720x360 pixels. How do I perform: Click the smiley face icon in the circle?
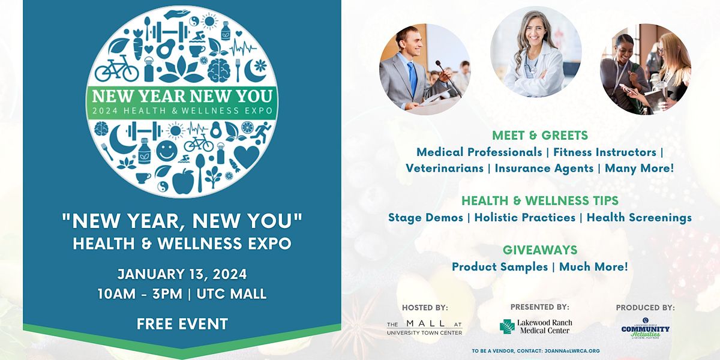pos(167,151)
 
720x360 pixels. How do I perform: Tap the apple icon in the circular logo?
pos(183,181)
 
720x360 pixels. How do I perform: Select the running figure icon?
pos(263,132)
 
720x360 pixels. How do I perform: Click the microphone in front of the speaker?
pos(448,79)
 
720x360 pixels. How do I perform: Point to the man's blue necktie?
pos(412,78)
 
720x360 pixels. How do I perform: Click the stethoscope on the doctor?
pos(530,64)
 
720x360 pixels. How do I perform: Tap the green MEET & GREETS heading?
pos(540,136)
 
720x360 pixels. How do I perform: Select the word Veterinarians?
pos(445,168)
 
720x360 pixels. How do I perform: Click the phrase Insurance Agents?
pos(544,168)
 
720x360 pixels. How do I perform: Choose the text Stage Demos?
pos(425,217)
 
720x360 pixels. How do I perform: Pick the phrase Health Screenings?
pos(640,217)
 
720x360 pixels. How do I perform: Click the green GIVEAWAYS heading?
pos(540,250)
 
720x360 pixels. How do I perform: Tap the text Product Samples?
pos(500,267)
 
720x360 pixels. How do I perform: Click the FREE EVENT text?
pos(182,323)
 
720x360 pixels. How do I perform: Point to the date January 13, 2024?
pos(182,274)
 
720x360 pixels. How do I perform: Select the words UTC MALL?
pos(232,294)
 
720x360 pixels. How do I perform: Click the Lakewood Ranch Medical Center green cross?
pos(507,326)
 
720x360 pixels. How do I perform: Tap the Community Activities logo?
pos(646,329)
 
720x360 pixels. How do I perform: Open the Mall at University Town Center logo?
pos(424,328)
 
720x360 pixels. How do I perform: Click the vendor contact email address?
pos(572,352)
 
